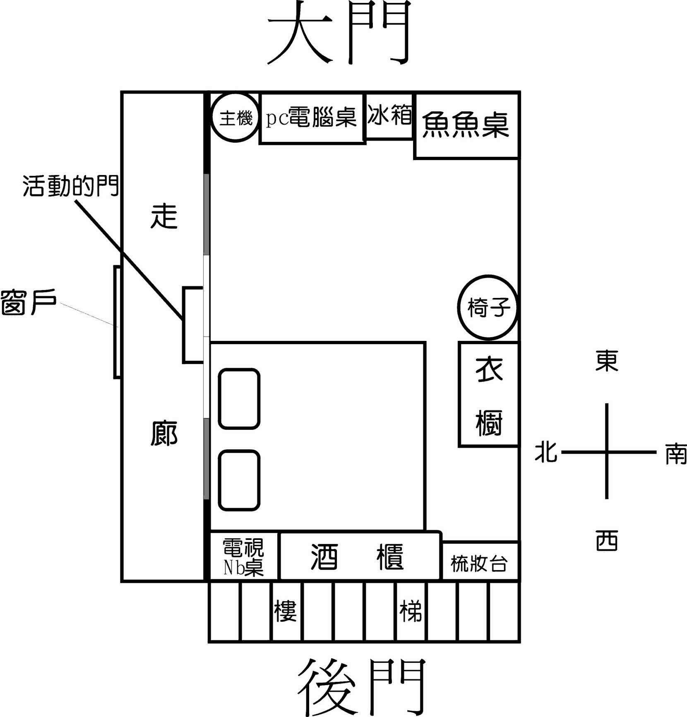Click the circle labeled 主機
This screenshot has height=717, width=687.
(235, 118)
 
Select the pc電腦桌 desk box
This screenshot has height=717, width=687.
(312, 118)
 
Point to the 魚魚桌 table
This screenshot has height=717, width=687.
(466, 125)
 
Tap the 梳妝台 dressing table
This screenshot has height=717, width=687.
(480, 563)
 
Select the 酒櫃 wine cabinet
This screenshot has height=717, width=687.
(358, 556)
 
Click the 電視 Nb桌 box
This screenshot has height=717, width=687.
(243, 557)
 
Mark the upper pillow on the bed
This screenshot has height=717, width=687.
(239, 398)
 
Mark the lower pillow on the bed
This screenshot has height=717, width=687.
(239, 480)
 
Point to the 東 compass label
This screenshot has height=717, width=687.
(607, 361)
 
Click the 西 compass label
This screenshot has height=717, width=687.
(607, 540)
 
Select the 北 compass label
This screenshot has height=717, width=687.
(546, 452)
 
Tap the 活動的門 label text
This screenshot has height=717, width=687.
(70, 185)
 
